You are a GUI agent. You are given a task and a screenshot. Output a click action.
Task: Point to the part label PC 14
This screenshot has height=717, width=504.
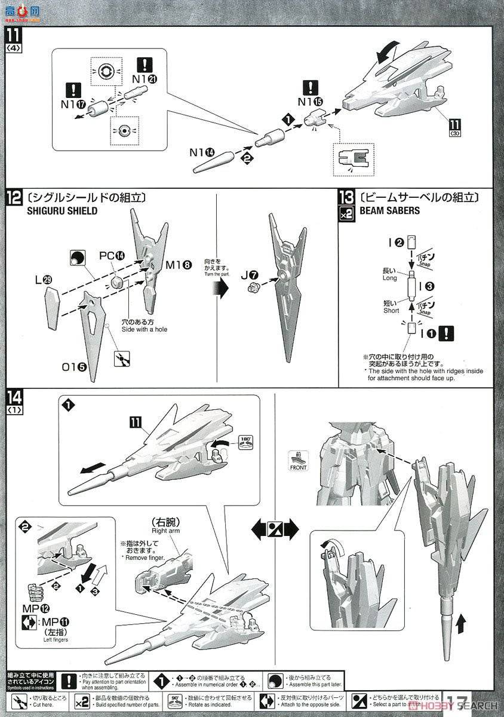click(112, 255)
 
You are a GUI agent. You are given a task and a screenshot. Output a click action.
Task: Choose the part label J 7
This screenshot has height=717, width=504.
click(250, 275)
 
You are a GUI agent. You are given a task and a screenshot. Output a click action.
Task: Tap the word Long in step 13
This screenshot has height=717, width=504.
click(389, 278)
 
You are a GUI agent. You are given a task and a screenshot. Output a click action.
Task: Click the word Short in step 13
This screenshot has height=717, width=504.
click(391, 311)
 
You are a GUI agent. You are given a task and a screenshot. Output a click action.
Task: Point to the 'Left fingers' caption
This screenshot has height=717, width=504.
click(53, 640)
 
